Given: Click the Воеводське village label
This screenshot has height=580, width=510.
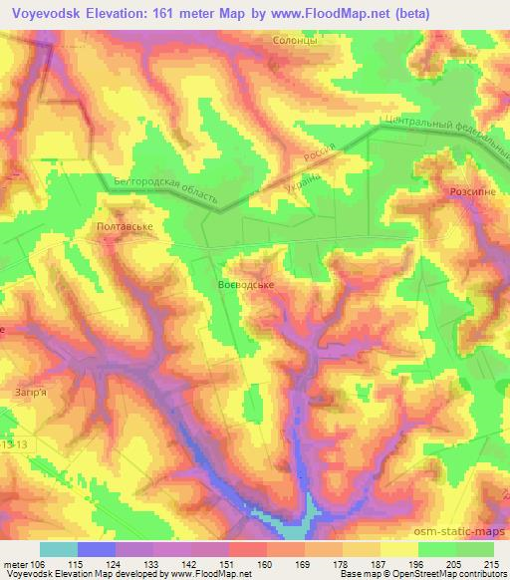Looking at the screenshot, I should pyautogui.click(x=245, y=284).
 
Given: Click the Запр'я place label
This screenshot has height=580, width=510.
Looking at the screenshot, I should pyautogui.click(x=31, y=393).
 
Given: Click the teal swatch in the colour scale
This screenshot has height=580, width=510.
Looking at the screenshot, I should pyautogui.click(x=59, y=549).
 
